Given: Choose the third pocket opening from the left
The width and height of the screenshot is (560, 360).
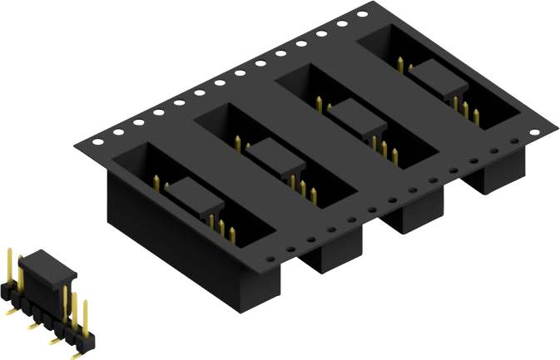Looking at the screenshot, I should point(362,116).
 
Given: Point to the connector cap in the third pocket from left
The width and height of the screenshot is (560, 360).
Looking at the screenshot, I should point(359,116).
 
